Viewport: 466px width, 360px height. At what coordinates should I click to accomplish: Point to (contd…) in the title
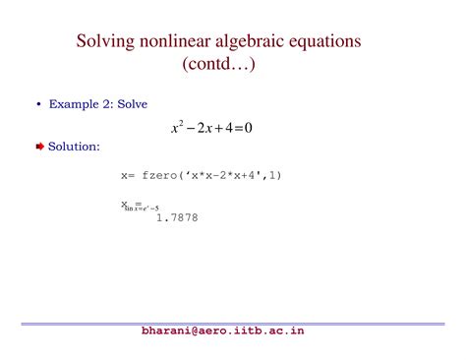pos(232,66)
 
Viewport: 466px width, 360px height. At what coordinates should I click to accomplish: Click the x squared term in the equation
pos(179,128)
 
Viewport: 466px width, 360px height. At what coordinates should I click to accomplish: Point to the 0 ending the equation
pos(262,129)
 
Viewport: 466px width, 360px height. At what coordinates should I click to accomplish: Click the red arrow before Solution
pos(39,146)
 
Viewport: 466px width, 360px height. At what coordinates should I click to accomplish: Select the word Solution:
pos(74,146)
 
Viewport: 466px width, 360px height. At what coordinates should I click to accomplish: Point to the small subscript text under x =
pos(142,209)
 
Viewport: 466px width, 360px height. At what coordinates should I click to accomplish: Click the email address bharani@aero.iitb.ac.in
pos(223,331)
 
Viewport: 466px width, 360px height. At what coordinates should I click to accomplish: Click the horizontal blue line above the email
pos(233,323)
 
